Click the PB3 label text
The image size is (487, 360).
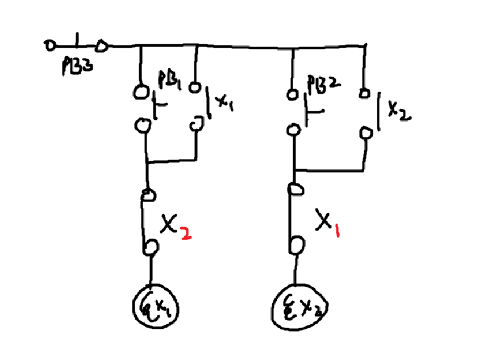[76, 66]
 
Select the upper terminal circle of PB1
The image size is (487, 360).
[140, 90]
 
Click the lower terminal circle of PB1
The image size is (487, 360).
[140, 124]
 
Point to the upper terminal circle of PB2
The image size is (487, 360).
[292, 93]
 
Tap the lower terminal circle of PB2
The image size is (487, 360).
[293, 129]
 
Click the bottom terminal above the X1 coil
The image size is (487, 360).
[151, 247]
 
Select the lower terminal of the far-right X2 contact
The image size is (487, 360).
[367, 133]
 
